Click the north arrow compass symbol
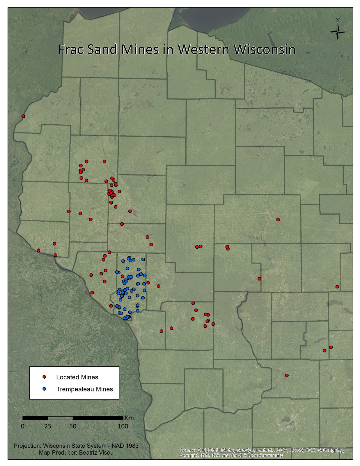338,31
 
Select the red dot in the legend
45,377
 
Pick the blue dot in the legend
45,389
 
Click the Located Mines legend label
77,377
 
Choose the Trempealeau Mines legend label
84,389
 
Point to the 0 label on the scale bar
23,426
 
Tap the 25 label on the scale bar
48,426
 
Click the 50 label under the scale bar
73,426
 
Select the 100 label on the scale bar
123,426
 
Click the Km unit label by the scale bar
129,418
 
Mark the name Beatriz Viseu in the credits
96,453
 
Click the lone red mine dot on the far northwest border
23,116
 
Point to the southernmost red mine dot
287,375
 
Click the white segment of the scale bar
60,418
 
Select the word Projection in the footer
27,446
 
